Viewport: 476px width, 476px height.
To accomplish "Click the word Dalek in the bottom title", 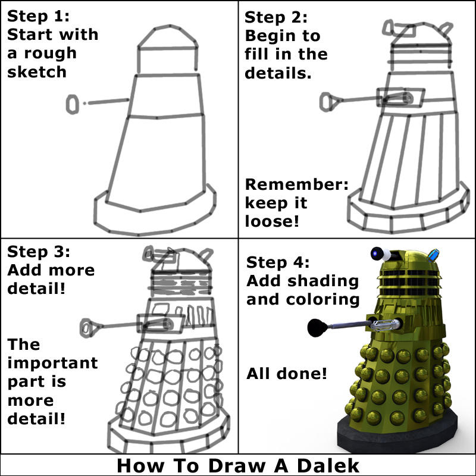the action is [x=328, y=465].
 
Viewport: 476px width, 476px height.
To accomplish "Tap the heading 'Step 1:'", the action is [x=38, y=16].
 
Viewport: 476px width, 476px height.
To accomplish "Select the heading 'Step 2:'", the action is [x=276, y=17].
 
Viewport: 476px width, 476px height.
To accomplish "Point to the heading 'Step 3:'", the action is [x=39, y=252].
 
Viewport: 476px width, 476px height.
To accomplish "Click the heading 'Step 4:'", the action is [x=278, y=262].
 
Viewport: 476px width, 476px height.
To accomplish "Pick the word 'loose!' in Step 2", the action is [x=272, y=221].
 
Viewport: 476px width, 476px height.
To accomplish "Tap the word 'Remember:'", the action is [x=296, y=184].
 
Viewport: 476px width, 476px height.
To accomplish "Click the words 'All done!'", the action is [x=287, y=374].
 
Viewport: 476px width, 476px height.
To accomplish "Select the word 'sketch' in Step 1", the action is [x=37, y=72].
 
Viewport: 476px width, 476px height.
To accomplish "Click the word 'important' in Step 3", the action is [x=52, y=363].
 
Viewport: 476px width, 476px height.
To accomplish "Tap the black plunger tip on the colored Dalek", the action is [x=317, y=328].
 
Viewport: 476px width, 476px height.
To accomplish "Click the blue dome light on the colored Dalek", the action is [x=433, y=255].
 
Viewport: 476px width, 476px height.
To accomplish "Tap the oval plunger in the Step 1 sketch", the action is [x=72, y=105].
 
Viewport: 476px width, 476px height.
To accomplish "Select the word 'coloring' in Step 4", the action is [x=322, y=300].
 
